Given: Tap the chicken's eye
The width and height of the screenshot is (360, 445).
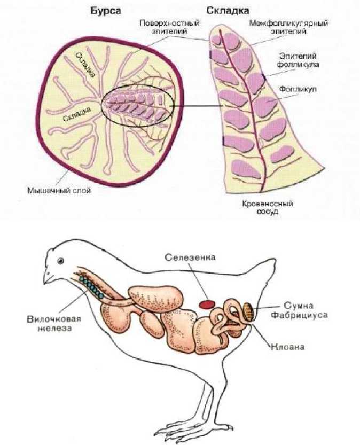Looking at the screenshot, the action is click(62, 261).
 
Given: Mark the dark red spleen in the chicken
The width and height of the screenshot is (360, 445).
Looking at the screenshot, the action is click(206, 304).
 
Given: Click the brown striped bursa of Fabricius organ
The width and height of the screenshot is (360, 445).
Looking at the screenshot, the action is click(248, 309).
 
